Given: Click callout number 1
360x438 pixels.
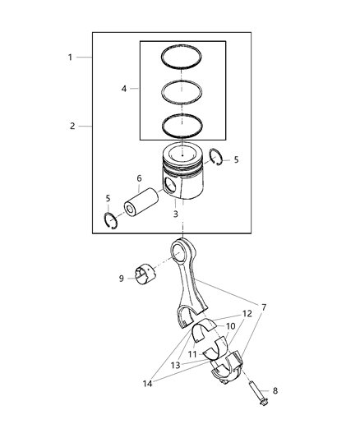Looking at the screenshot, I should coord(71,58).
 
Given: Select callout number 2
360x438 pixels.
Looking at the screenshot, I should coord(72,126).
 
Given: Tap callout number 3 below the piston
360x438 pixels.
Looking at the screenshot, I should coord(176,214).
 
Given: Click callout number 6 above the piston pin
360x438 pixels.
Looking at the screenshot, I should coord(139,178).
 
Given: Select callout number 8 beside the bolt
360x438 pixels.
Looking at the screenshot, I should coord(275,390).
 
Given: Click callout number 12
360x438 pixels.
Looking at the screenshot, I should coord(247,314).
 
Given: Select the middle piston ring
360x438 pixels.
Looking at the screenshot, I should coord(184,90).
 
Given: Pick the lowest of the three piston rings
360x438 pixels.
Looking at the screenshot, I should coord(184,124).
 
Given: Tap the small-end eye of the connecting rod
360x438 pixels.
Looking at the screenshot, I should coord(182,247).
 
